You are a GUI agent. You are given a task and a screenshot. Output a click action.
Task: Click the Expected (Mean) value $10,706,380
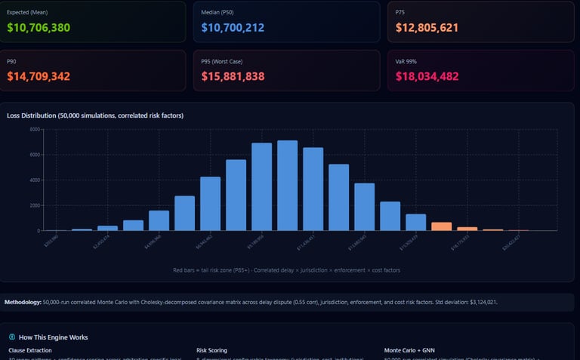click(38, 27)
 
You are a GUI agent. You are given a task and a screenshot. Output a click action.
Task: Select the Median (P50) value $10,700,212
click(233, 27)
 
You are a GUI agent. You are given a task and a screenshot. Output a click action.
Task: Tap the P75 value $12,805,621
click(427, 27)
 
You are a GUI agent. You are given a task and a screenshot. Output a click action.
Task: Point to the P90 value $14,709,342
click(38, 76)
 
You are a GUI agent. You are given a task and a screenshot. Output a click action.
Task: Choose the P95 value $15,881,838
click(233, 76)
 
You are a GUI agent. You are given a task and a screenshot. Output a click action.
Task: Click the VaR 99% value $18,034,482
click(427, 76)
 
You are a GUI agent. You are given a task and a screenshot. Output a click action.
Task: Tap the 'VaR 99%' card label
click(406, 61)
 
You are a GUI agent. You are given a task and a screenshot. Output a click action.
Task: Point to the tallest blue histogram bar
click(287, 185)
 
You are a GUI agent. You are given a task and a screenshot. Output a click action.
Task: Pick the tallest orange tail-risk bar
click(441, 226)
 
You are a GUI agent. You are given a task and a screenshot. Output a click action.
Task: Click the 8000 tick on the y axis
click(34, 130)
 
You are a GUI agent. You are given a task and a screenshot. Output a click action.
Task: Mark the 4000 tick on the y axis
click(34, 180)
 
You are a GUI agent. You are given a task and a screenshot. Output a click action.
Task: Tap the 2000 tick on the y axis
click(34, 205)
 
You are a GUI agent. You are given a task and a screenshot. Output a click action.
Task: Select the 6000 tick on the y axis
click(34, 155)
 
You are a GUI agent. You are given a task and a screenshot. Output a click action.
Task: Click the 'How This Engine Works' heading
click(53, 337)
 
